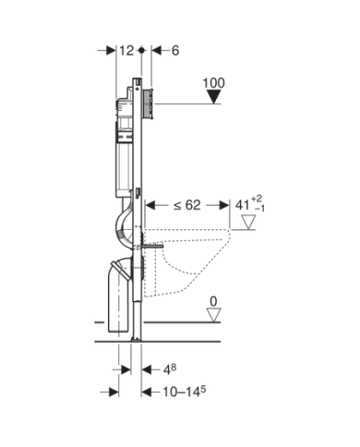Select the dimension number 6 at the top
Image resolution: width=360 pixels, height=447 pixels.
click(175, 52)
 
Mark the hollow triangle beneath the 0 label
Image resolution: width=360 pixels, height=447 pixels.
click(214, 316)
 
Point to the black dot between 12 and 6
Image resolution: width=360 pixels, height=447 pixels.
click(141, 52)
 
